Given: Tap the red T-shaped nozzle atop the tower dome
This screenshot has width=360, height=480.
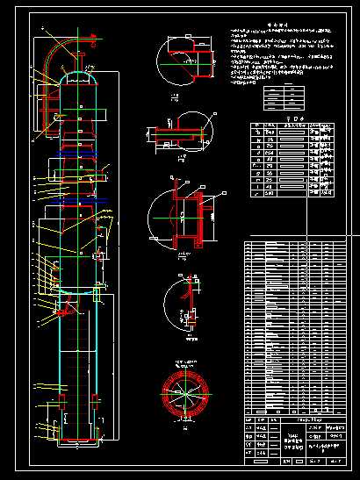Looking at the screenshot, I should (x=80, y=61).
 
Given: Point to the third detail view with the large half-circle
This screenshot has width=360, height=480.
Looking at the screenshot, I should (x=183, y=213).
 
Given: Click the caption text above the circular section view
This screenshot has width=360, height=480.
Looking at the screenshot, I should (x=183, y=363).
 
